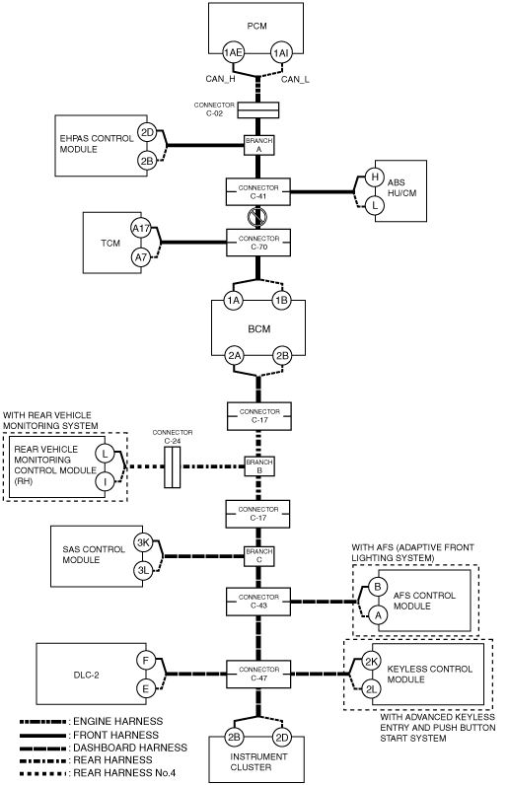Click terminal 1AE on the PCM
[233, 53]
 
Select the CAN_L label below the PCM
[295, 79]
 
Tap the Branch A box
[259, 145]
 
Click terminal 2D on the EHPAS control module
[147, 133]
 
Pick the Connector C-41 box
[258, 191]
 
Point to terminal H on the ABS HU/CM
[374, 177]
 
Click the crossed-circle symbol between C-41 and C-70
[257, 217]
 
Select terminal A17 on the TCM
[141, 229]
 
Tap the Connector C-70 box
[258, 243]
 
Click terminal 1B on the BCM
[282, 301]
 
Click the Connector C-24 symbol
[173, 467]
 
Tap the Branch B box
[259, 466]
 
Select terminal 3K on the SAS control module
[143, 542]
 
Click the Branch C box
[259, 555]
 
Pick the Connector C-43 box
[258, 602]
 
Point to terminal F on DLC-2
[146, 661]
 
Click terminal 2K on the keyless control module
[371, 662]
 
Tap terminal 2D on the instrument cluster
[282, 737]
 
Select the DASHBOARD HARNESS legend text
[130, 748]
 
